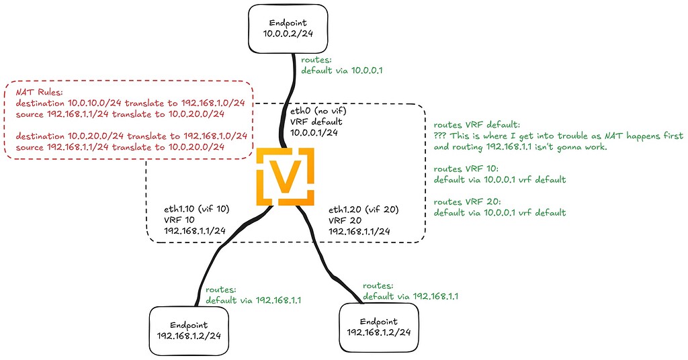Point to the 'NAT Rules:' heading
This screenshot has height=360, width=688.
[38, 93]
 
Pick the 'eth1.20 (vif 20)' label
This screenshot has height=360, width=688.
[363, 209]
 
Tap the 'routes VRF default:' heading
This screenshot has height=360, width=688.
[476, 124]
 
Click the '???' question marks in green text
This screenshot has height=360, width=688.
[441, 136]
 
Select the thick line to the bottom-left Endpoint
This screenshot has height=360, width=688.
[222, 255]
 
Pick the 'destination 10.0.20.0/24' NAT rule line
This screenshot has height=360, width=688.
[131, 136]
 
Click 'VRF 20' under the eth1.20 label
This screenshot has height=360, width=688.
[343, 220]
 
